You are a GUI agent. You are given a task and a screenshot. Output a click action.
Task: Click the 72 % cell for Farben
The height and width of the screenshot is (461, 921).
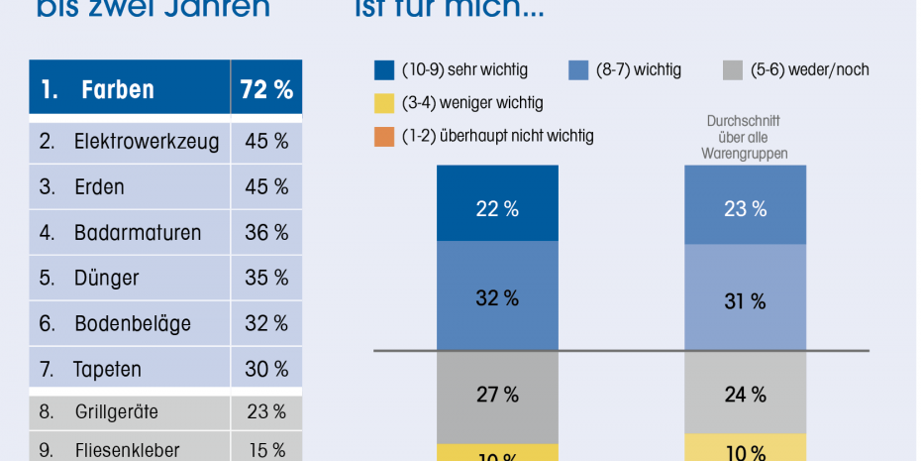coord(266,90)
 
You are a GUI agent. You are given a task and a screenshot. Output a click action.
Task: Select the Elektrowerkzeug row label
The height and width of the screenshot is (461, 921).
coord(147,142)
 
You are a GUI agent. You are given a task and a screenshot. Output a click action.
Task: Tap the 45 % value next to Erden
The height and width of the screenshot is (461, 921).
coord(266,187)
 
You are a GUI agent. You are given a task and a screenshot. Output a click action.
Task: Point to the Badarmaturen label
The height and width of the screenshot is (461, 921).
coord(137,233)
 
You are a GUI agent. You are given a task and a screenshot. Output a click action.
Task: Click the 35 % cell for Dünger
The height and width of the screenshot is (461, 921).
coord(266,279)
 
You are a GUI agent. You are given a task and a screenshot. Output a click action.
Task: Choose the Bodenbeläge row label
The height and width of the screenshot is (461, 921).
coord(132,324)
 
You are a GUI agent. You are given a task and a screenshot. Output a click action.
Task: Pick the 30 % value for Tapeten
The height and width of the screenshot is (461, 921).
coord(266,370)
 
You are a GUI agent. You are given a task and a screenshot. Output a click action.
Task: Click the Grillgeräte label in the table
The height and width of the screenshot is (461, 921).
coord(116,411)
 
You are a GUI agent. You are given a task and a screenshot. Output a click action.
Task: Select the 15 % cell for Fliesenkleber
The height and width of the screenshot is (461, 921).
coord(266,450)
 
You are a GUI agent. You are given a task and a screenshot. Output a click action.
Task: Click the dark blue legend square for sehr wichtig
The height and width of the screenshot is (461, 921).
coord(384,70)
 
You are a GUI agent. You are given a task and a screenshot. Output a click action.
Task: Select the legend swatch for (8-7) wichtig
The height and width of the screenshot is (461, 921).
coord(578,70)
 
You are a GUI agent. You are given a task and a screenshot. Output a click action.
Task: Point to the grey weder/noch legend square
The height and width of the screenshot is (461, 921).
coord(732,70)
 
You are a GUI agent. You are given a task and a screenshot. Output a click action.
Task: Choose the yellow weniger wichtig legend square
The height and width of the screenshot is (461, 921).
coord(384,103)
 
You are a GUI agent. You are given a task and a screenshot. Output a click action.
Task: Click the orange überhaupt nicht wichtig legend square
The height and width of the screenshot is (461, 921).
coord(384,136)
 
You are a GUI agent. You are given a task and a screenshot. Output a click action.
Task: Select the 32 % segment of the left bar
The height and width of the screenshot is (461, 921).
coord(497,296)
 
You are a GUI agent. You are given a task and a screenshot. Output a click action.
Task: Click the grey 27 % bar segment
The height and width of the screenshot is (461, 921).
coord(497,395)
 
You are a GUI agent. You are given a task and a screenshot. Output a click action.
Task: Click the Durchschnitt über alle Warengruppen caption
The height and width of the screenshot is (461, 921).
coord(745,139)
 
